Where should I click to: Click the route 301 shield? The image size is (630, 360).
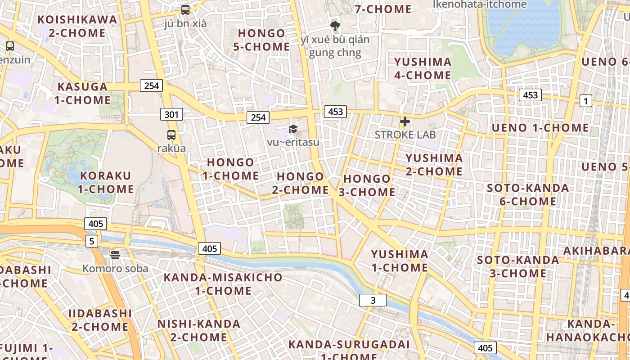pyautogui.click(x=171, y=115)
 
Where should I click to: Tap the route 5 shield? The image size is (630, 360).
pyautogui.click(x=92, y=241)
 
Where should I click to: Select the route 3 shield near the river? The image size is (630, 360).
pyautogui.click(x=373, y=300)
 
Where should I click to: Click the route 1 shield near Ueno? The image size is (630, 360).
pyautogui.click(x=585, y=101)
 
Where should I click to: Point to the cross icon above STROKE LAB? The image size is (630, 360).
pyautogui.click(x=405, y=121)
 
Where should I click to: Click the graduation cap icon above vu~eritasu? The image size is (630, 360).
pyautogui.click(x=293, y=130)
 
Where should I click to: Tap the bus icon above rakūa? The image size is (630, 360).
pyautogui.click(x=171, y=135)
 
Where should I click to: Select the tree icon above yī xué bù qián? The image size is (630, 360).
pyautogui.click(x=335, y=26)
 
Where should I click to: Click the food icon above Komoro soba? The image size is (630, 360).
pyautogui.click(x=115, y=255)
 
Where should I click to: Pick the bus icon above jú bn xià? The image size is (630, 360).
pyautogui.click(x=185, y=10)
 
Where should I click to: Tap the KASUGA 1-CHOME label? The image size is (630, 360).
pyautogui.click(x=83, y=93)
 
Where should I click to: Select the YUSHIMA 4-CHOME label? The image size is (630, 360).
pyautogui.click(x=423, y=68)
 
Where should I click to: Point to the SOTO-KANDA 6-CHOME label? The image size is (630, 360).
pyautogui.click(x=528, y=194)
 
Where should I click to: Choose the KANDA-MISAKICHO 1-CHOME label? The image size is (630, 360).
pyautogui.click(x=223, y=284)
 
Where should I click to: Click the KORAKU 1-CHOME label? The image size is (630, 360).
pyautogui.click(x=105, y=182)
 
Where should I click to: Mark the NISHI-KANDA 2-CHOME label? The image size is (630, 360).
pyautogui.click(x=198, y=330)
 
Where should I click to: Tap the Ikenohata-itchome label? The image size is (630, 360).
pyautogui.click(x=480, y=4)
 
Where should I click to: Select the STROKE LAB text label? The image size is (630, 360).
pyautogui.click(x=405, y=135)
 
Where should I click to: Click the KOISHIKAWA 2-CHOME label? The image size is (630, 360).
pyautogui.click(x=77, y=26)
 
